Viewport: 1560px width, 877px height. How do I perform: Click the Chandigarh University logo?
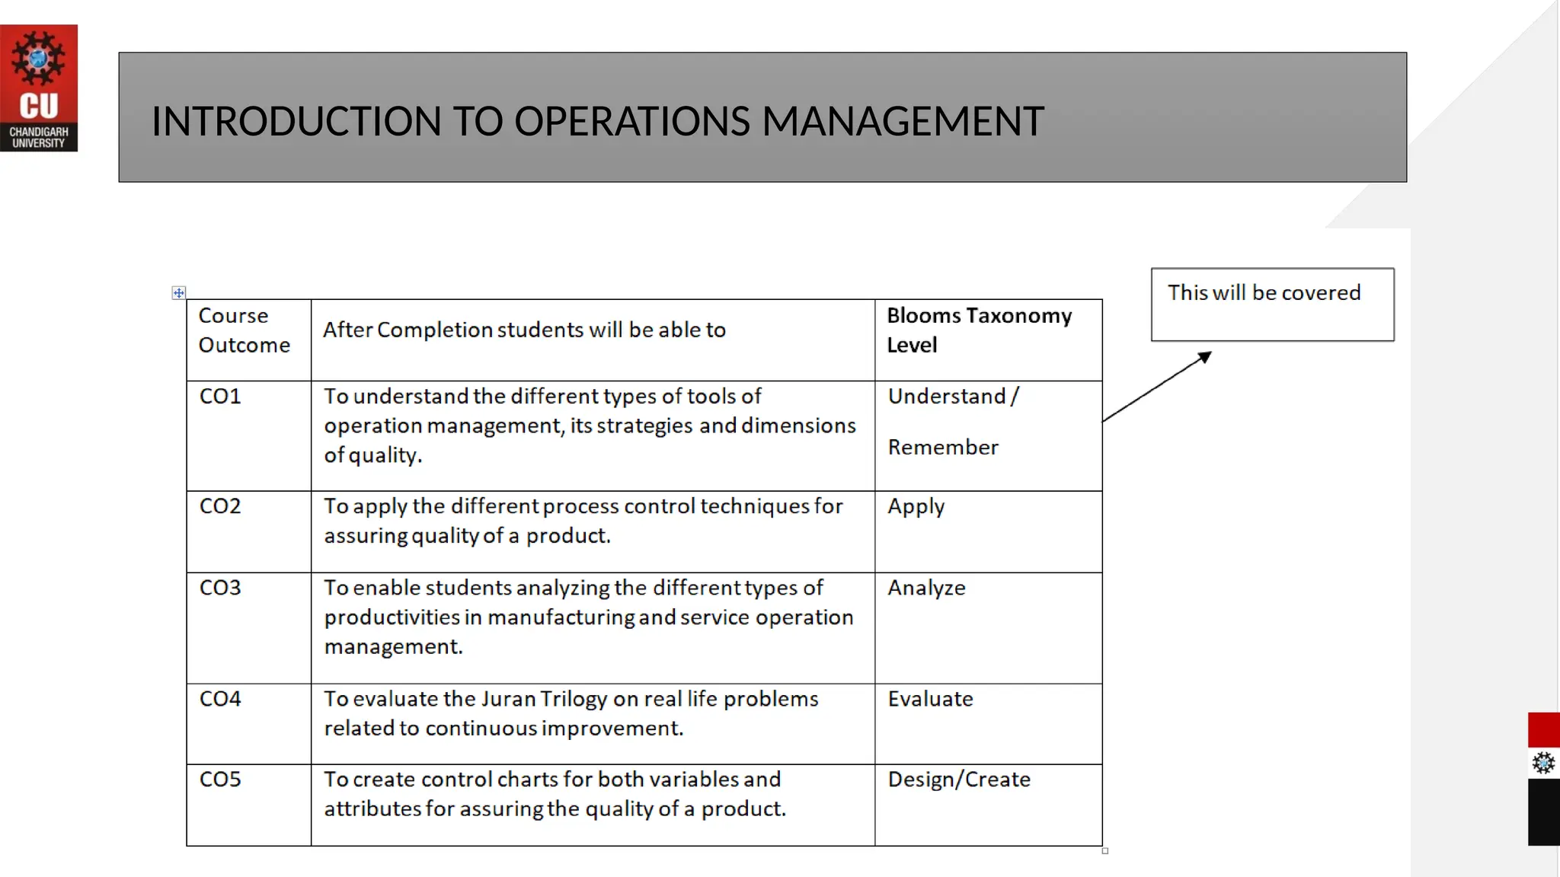pos(39,88)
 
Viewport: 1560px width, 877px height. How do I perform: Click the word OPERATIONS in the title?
pos(632,122)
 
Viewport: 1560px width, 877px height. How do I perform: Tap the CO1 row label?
pos(220,397)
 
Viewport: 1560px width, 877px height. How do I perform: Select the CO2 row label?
pos(220,506)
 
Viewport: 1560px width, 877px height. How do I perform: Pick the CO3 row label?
pos(220,588)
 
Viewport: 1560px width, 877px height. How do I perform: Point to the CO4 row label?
pos(220,699)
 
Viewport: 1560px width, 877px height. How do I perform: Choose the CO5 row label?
pos(220,780)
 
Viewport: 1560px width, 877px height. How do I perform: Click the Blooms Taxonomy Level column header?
pos(979,330)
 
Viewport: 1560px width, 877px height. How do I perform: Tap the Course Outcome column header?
pos(244,330)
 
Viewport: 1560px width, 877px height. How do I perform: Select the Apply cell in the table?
pos(916,507)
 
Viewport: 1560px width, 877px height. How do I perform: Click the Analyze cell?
pos(926,588)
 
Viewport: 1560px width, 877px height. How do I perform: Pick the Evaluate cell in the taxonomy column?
pos(930,699)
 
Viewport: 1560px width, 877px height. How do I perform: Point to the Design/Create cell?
pos(959,780)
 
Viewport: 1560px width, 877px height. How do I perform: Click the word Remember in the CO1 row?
pos(943,448)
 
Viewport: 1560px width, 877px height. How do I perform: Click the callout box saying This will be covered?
pos(1272,304)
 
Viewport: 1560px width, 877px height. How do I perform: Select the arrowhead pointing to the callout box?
pos(1205,357)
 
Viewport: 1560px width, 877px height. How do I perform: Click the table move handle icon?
pos(178,293)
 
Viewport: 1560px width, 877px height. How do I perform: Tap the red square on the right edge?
pos(1543,729)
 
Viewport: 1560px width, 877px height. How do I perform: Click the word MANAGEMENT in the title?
pos(903,122)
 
